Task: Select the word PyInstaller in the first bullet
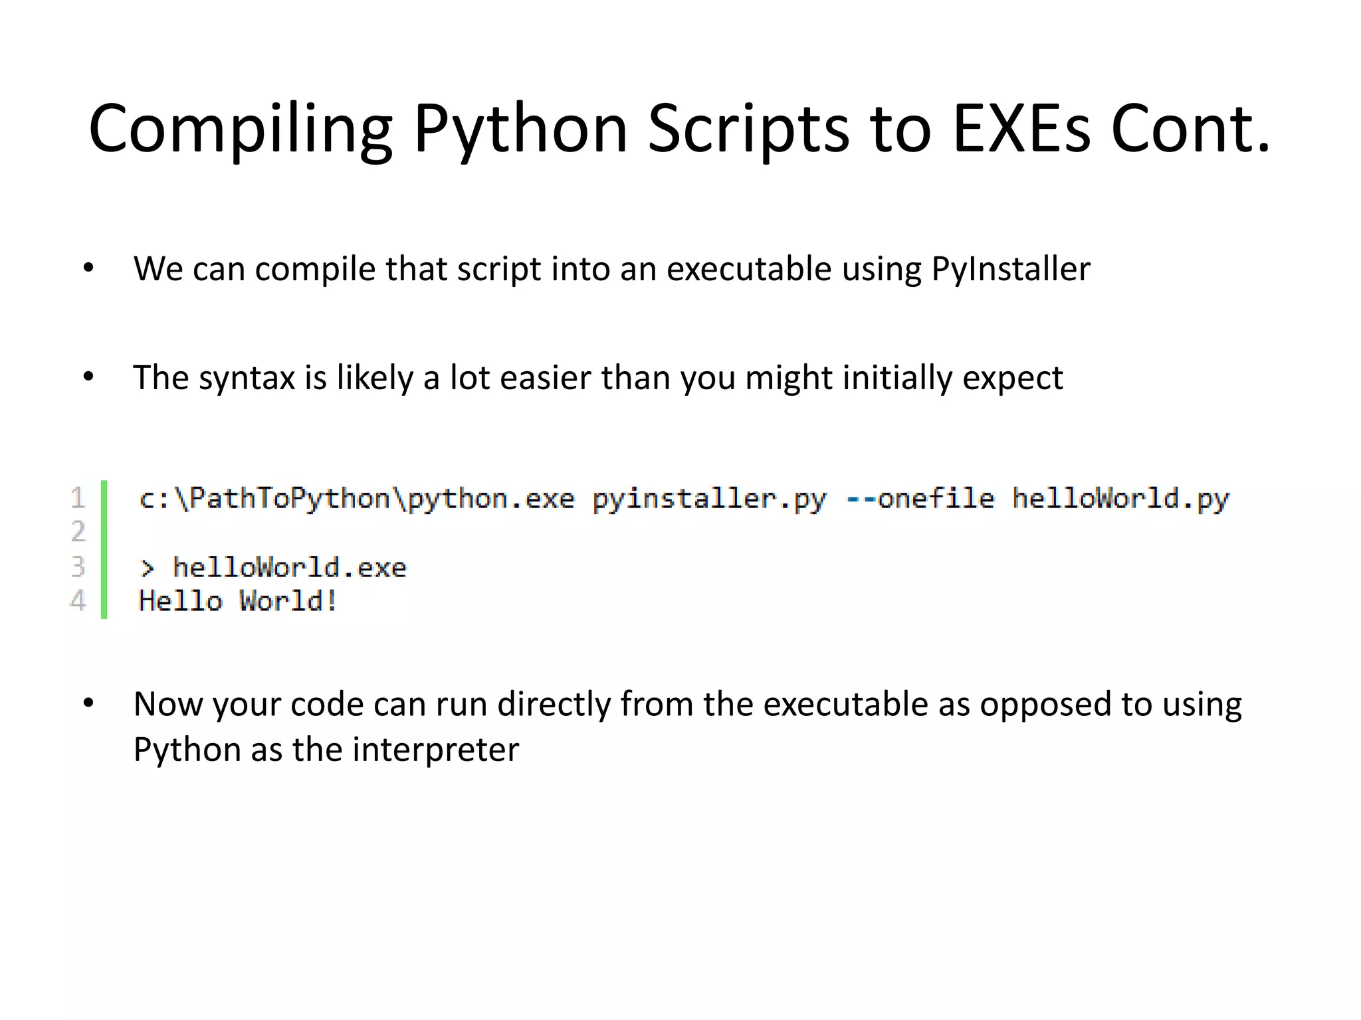pyautogui.click(x=1010, y=270)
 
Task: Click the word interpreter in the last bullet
pyautogui.click(x=435, y=750)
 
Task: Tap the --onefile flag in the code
pyautogui.click(x=920, y=498)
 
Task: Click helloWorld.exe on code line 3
pyautogui.click(x=289, y=568)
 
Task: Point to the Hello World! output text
pyautogui.click(x=238, y=601)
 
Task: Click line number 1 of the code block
pyautogui.click(x=78, y=498)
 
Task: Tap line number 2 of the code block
pyautogui.click(x=78, y=532)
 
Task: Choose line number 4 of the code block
pyautogui.click(x=78, y=601)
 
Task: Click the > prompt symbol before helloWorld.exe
pyautogui.click(x=147, y=568)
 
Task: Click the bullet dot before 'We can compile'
pyautogui.click(x=88, y=268)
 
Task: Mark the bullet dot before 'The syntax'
pyautogui.click(x=88, y=377)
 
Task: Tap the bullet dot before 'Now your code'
pyautogui.click(x=88, y=703)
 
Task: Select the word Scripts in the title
pyautogui.click(x=748, y=129)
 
